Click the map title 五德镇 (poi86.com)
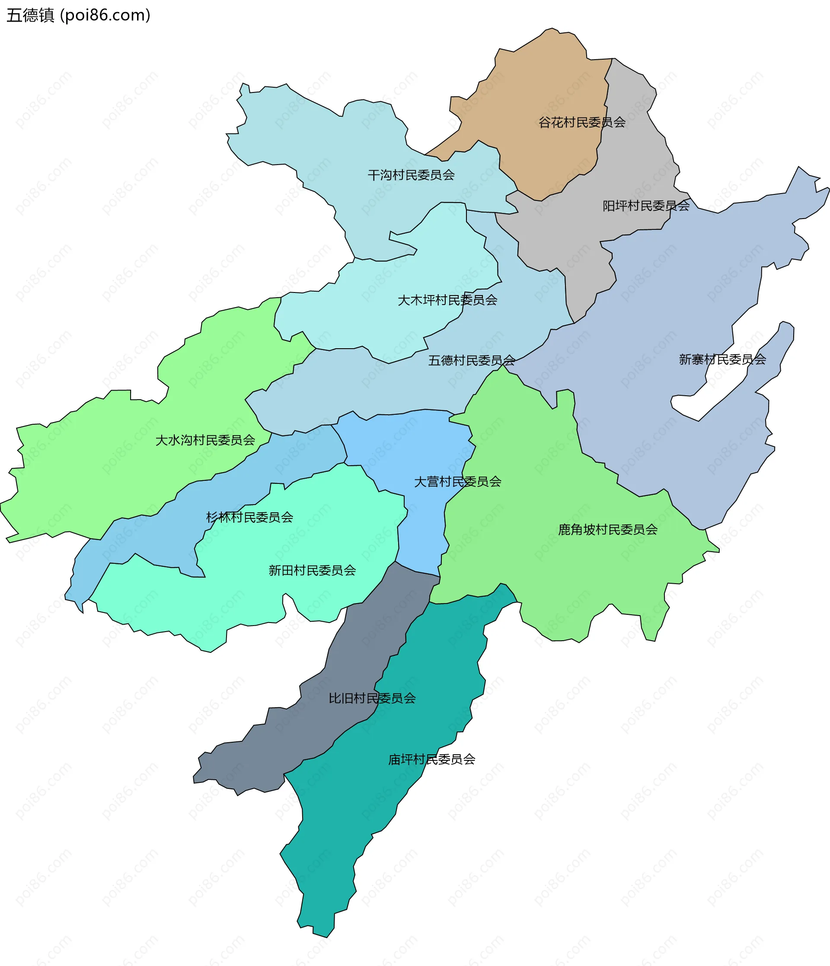click(78, 16)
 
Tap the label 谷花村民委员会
click(582, 123)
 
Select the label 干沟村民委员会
click(411, 175)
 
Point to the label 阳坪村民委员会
click(646, 206)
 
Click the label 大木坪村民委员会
click(447, 300)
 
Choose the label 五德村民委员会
click(472, 360)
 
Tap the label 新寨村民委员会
click(722, 359)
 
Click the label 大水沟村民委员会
click(205, 440)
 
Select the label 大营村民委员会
click(458, 482)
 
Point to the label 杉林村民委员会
click(249, 517)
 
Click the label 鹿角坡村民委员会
click(607, 530)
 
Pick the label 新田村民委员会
click(312, 570)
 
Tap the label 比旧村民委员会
click(372, 698)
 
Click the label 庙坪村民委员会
click(431, 759)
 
